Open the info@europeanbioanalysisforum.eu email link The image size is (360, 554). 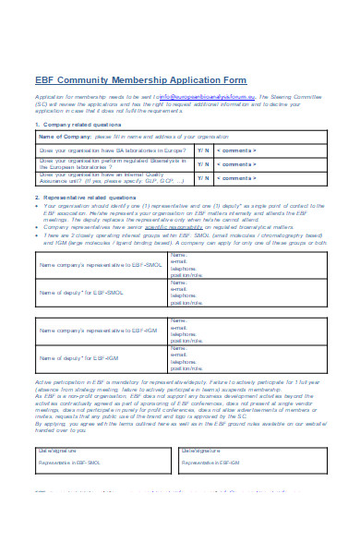pyautogui.click(x=208, y=95)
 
